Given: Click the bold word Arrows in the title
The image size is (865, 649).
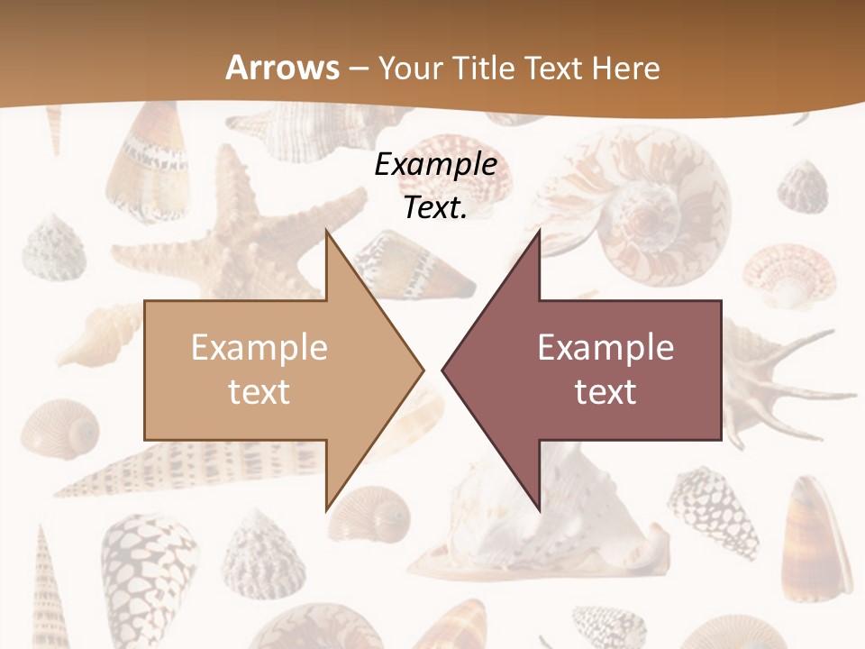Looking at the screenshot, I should (x=283, y=68).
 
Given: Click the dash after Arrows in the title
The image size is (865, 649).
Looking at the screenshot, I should (x=359, y=69).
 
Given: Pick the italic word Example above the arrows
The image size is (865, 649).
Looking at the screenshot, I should (x=435, y=165).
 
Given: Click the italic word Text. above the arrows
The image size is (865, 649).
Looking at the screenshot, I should (x=435, y=207).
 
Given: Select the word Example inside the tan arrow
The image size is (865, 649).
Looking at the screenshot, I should (x=259, y=347).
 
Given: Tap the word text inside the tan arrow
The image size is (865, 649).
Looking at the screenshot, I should (x=259, y=391).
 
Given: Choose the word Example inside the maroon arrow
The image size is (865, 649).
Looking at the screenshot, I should (x=605, y=347).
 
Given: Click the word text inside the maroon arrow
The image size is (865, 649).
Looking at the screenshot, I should (x=605, y=391).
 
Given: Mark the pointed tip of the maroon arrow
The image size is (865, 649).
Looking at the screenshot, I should (x=443, y=370).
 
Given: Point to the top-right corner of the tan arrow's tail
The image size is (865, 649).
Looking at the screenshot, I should (x=325, y=301).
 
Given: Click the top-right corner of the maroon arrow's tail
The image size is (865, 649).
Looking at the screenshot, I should (x=721, y=301).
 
